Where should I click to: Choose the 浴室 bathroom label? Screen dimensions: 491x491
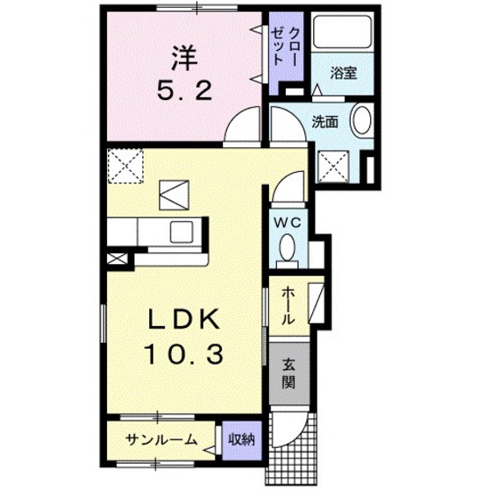343,74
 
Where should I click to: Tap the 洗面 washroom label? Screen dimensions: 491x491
326,123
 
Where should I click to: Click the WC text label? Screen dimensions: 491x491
288,223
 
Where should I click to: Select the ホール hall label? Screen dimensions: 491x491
288,304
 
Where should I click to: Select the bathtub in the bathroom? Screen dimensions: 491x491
343,36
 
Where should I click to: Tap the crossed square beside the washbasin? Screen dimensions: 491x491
334,164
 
